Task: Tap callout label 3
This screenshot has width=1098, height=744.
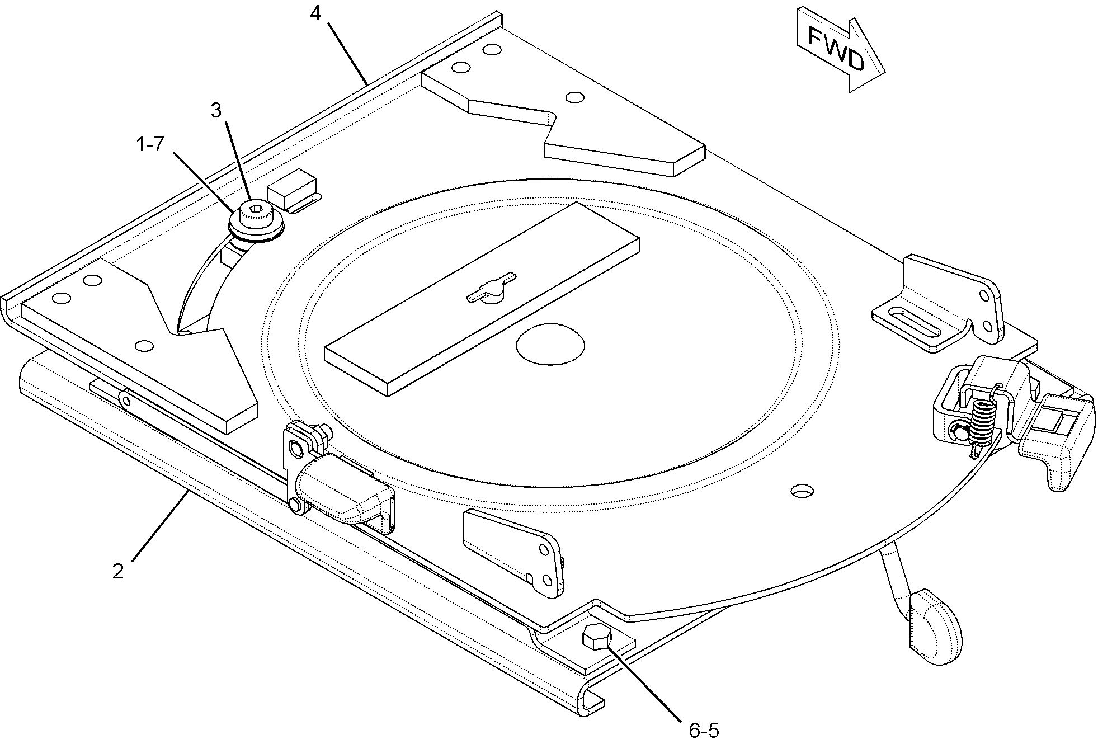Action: point(216,111)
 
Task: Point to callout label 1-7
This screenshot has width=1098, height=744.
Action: point(150,144)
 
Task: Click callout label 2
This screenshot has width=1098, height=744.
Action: point(117,571)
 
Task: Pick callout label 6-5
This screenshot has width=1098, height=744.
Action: point(704,730)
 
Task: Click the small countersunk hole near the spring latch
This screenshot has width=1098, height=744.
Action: point(803,491)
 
